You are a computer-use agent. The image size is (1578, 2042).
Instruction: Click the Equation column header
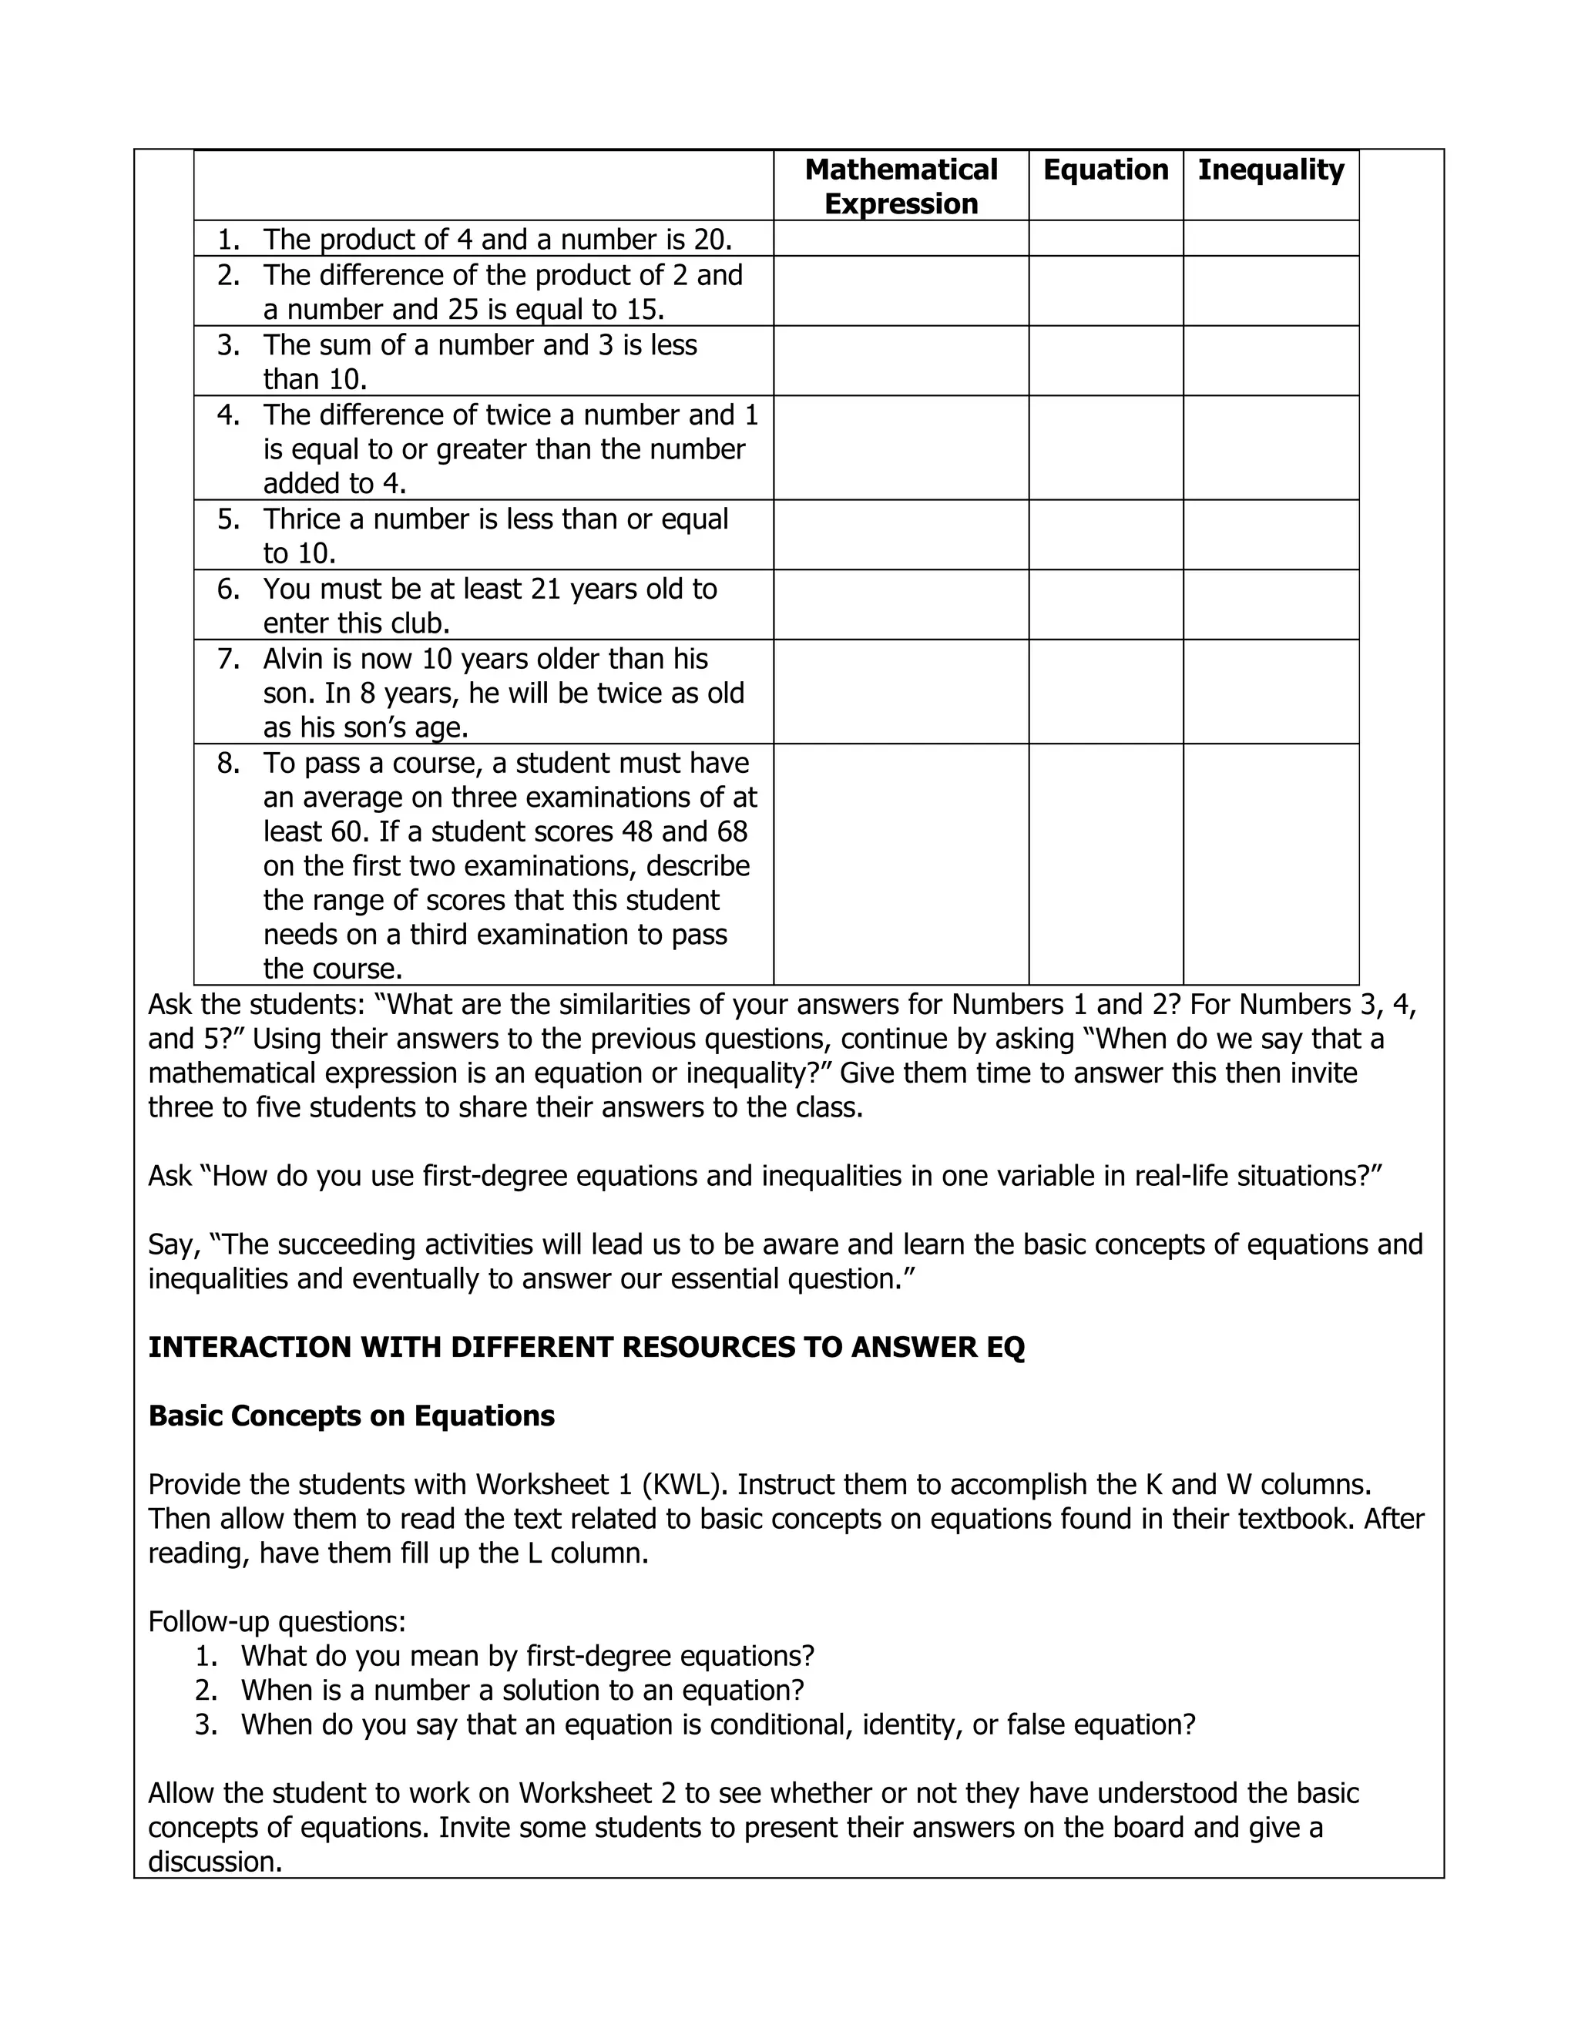click(1105, 170)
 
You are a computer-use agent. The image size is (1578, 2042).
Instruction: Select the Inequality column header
click(1271, 170)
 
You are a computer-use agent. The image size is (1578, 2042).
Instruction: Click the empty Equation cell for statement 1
click(1105, 238)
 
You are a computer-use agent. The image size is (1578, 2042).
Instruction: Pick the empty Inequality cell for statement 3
click(1271, 361)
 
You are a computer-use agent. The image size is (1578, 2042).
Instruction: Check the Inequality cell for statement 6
click(1271, 605)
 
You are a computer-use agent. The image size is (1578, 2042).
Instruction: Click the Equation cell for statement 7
click(1105, 692)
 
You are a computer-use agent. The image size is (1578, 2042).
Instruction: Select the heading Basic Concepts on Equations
click(351, 1416)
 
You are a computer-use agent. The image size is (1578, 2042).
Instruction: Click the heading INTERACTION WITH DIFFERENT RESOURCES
click(586, 1347)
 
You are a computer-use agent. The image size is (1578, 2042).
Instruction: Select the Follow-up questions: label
click(277, 1621)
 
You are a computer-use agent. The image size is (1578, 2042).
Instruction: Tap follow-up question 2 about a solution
click(522, 1691)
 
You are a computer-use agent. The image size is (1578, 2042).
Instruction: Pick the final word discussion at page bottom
click(215, 1862)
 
